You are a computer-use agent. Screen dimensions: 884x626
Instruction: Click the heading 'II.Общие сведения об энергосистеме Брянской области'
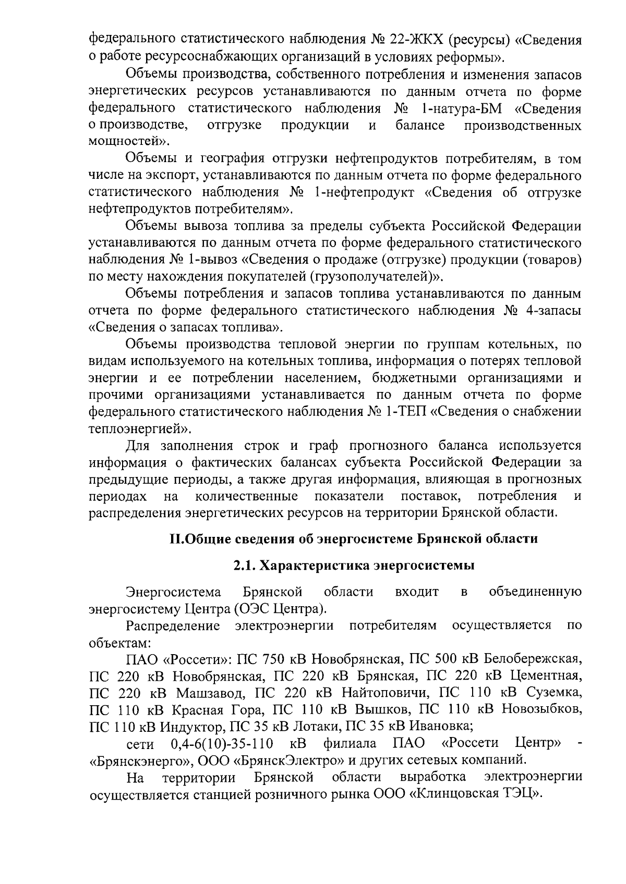coord(354,538)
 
